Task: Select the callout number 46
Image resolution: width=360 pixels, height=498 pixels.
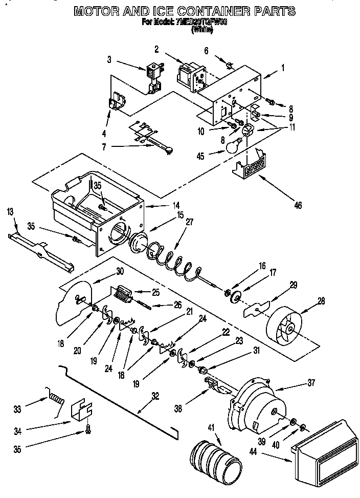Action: point(298,206)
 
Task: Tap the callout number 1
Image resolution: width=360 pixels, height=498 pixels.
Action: point(283,67)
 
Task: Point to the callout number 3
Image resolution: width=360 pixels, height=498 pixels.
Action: point(109,59)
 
